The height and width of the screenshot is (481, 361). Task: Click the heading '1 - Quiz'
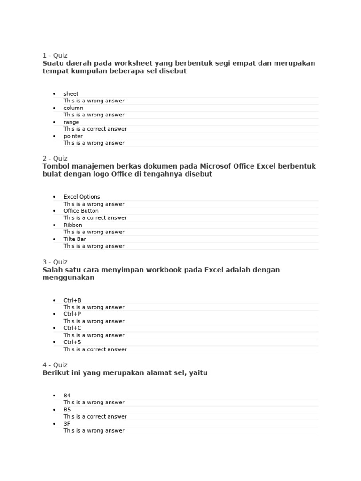click(x=55, y=55)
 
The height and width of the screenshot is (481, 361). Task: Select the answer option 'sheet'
click(x=71, y=94)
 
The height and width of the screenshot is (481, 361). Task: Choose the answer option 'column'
click(x=73, y=108)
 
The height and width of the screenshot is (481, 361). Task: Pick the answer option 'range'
click(x=71, y=122)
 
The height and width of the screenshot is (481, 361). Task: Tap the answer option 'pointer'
click(x=73, y=136)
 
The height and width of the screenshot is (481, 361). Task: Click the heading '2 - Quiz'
click(x=55, y=159)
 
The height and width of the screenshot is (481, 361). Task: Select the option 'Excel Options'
click(x=82, y=197)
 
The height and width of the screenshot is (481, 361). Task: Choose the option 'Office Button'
click(x=81, y=211)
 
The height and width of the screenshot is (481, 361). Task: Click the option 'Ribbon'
click(x=73, y=225)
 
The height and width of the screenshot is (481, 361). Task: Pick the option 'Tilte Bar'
click(x=75, y=239)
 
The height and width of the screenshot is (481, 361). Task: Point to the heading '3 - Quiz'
click(x=55, y=262)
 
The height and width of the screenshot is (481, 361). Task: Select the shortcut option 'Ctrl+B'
click(x=72, y=300)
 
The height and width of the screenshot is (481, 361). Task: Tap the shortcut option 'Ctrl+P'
click(x=72, y=314)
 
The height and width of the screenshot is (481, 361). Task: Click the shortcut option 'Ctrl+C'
click(x=72, y=328)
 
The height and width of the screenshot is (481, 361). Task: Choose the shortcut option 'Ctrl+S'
click(x=72, y=342)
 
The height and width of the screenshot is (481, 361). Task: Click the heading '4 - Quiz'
click(x=55, y=365)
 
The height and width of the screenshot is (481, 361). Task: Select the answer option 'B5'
click(x=67, y=410)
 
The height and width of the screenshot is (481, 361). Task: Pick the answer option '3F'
click(x=67, y=424)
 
